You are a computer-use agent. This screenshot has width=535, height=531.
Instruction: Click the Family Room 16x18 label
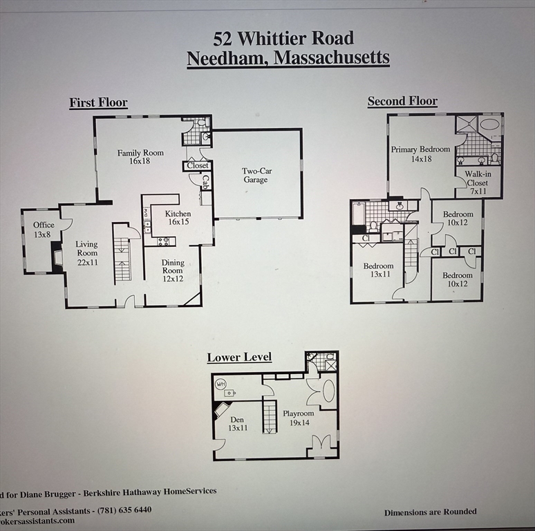tap(140, 157)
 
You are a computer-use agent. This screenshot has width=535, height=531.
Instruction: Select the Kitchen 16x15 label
tap(178, 218)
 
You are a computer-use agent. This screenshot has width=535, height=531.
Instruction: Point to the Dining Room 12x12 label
tap(173, 266)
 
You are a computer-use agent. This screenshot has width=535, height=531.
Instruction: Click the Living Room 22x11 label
tap(86, 249)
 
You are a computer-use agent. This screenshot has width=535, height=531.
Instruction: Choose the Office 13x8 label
tap(43, 230)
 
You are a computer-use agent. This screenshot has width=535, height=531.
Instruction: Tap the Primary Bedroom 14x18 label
tap(420, 153)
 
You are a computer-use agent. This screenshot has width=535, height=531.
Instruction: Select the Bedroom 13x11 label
tap(378, 271)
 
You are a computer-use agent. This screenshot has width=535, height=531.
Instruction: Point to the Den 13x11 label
tap(237, 423)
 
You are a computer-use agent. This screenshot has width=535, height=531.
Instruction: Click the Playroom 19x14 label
tap(298, 418)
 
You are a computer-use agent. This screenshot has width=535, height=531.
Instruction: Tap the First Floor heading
tap(98, 103)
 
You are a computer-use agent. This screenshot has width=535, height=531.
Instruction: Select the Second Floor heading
tap(402, 102)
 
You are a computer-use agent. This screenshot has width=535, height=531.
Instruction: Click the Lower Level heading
tap(239, 357)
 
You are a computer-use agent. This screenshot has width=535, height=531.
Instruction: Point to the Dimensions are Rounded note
tap(430, 512)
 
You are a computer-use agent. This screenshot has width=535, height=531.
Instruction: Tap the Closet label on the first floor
tap(198, 166)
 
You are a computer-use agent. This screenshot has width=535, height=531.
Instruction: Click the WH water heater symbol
tap(221, 384)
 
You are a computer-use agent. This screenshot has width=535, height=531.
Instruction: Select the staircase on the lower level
tap(270, 417)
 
